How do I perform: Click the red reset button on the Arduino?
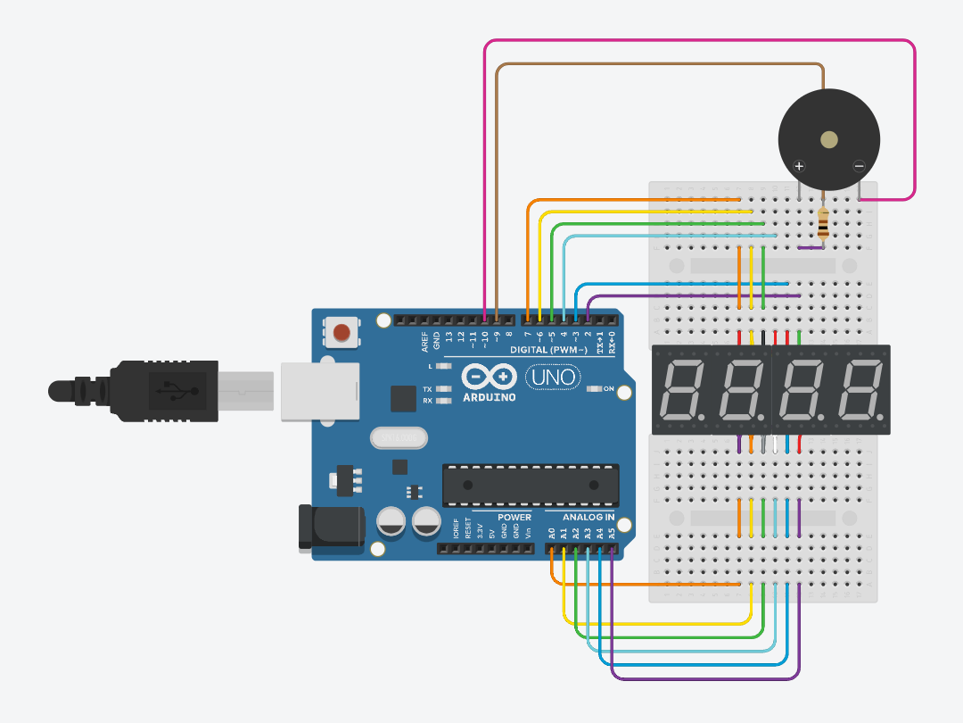pos(341,333)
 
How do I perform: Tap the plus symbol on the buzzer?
pos(800,166)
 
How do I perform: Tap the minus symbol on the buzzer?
pos(859,166)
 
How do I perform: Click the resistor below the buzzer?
pos(822,224)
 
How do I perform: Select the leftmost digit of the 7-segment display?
pos(682,391)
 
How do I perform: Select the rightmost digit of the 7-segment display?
pos(860,391)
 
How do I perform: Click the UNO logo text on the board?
pos(553,378)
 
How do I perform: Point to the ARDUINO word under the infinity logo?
pos(489,397)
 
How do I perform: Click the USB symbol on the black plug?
pos(169,390)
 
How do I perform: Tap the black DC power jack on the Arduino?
pos(332,527)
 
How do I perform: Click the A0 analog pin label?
pos(552,533)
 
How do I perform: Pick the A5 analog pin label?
pos(612,533)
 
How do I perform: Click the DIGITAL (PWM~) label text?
pos(547,350)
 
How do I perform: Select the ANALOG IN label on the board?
pos(588,517)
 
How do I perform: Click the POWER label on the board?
pos(514,517)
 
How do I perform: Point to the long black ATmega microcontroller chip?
pos(530,485)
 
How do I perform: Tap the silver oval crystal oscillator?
pos(399,438)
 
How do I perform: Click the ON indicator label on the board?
pos(609,389)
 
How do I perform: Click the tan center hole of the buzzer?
pos(829,139)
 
